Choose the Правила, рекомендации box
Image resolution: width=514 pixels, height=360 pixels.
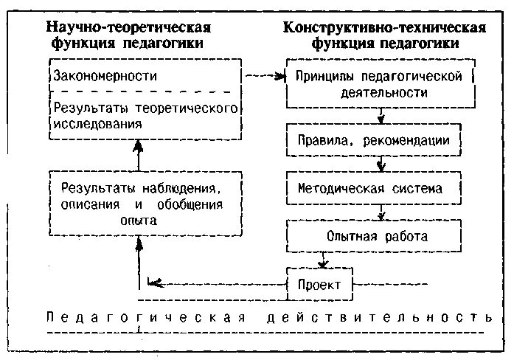(x=375, y=139)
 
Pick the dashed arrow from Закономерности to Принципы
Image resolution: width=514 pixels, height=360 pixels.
(x=264, y=75)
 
